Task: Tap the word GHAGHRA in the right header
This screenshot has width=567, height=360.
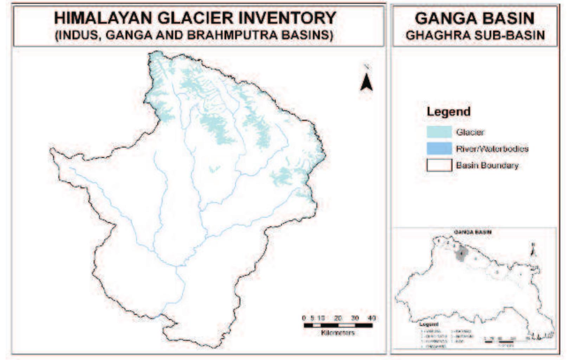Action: tap(436, 35)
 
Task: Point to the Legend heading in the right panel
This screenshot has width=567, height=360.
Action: tap(448, 112)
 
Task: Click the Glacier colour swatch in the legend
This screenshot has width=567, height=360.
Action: tap(439, 132)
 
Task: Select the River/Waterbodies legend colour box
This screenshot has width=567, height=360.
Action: tap(439, 149)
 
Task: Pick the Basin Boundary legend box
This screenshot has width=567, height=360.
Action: tap(439, 165)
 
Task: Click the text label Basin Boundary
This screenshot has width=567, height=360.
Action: tap(487, 165)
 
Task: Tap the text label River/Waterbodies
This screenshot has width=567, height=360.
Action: tap(492, 149)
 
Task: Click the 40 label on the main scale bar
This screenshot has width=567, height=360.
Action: tap(371, 318)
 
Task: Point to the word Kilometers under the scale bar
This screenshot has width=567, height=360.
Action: tap(337, 332)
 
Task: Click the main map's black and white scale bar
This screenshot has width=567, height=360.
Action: tap(338, 325)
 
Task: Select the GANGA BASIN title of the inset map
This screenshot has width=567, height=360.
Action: tap(472, 232)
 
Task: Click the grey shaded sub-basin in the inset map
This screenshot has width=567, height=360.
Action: tap(460, 254)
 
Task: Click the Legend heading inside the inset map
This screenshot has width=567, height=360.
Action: tap(429, 325)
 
